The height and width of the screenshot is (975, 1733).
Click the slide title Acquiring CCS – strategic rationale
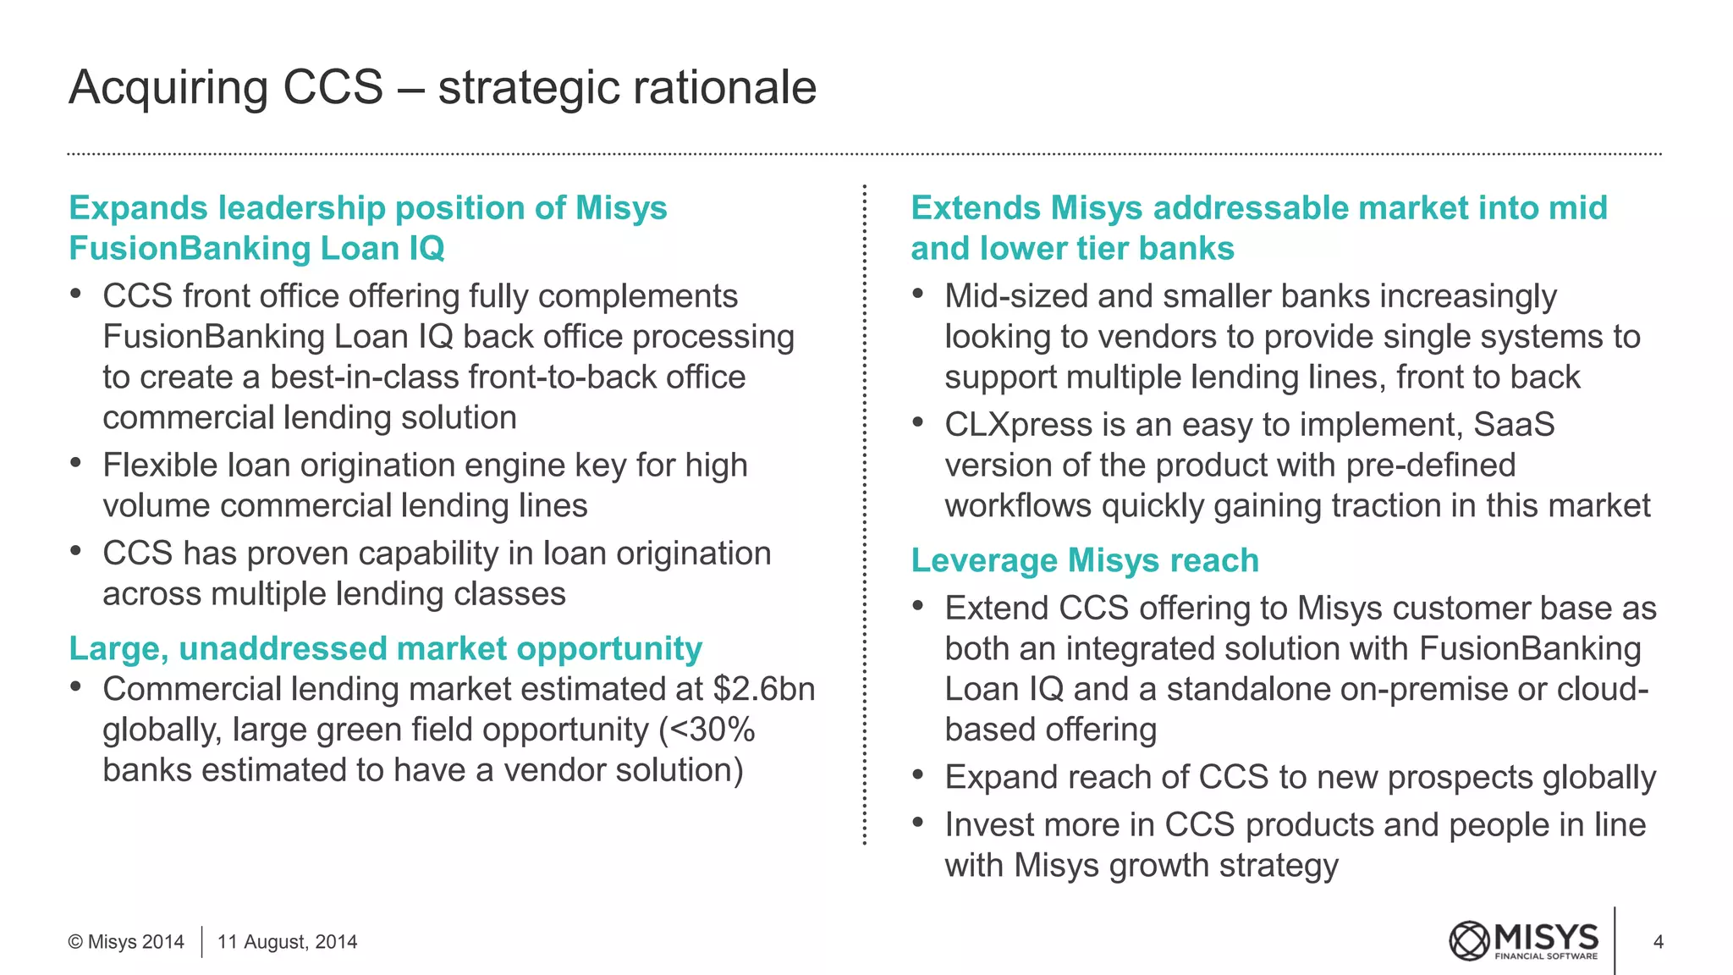pyautogui.click(x=442, y=87)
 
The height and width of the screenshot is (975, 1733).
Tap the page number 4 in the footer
pyautogui.click(x=1658, y=942)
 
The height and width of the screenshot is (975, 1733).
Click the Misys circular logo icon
pyautogui.click(x=1468, y=941)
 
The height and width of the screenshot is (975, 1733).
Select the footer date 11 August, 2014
pyautogui.click(x=287, y=942)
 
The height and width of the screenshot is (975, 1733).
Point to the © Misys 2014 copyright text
pyautogui.click(x=126, y=942)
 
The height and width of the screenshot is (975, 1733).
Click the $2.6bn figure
pyautogui.click(x=764, y=689)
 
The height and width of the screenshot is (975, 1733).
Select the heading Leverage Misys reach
pyautogui.click(x=1084, y=560)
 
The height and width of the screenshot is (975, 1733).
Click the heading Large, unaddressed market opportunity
pyautogui.click(x=385, y=648)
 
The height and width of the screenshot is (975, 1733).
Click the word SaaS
pyautogui.click(x=1514, y=425)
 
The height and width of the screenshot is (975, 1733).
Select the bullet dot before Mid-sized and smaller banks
pyautogui.click(x=918, y=294)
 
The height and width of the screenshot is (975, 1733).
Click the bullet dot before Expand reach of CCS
pyautogui.click(x=918, y=774)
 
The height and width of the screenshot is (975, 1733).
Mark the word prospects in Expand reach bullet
pyautogui.click(x=1461, y=777)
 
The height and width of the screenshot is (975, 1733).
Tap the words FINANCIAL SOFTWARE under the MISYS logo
pyautogui.click(x=1546, y=956)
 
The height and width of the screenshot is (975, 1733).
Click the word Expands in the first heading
pyautogui.click(x=137, y=208)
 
